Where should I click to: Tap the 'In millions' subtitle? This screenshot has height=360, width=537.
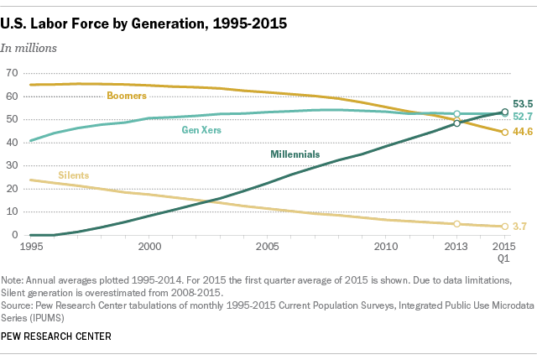(29, 48)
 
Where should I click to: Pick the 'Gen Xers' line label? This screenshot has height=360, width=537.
(202, 130)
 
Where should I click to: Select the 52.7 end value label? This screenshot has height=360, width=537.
(524, 116)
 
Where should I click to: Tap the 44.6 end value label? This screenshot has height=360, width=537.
(524, 132)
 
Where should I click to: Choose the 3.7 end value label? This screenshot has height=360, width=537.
(521, 227)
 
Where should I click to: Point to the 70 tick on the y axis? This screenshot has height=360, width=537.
(11, 73)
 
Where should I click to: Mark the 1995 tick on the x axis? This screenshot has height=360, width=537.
(30, 248)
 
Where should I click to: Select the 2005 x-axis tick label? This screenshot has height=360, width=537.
(267, 248)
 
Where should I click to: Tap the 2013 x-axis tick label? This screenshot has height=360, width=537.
(456, 248)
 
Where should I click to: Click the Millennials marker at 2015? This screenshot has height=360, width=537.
(504, 112)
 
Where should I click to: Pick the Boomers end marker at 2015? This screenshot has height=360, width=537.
(504, 133)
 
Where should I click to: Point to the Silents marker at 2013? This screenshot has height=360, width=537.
(456, 224)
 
